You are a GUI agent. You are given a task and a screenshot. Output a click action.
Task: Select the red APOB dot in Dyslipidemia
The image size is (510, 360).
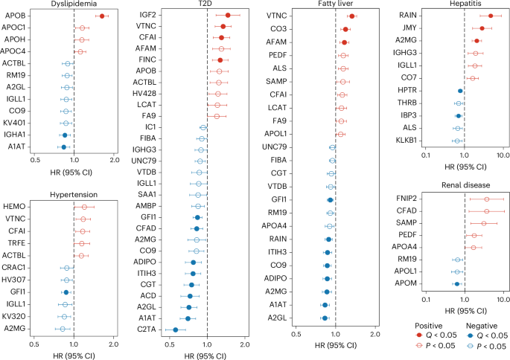click(101, 16)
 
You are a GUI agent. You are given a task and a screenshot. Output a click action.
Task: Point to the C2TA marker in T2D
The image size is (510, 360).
click(176, 330)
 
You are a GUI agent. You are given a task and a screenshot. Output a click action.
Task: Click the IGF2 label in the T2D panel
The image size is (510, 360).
click(146, 15)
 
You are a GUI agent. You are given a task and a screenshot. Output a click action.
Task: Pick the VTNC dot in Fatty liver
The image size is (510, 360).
click(351, 16)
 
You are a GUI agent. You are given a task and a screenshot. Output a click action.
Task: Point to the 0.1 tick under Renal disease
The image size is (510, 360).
click(426, 300)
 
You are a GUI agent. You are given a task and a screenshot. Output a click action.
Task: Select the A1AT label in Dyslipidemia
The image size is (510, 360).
click(15, 147)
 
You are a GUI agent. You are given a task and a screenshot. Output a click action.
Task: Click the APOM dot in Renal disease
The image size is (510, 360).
click(457, 283)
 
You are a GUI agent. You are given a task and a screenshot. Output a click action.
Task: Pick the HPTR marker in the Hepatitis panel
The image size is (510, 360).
click(460, 91)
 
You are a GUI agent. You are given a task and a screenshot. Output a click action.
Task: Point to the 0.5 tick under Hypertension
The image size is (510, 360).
click(34, 344)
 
